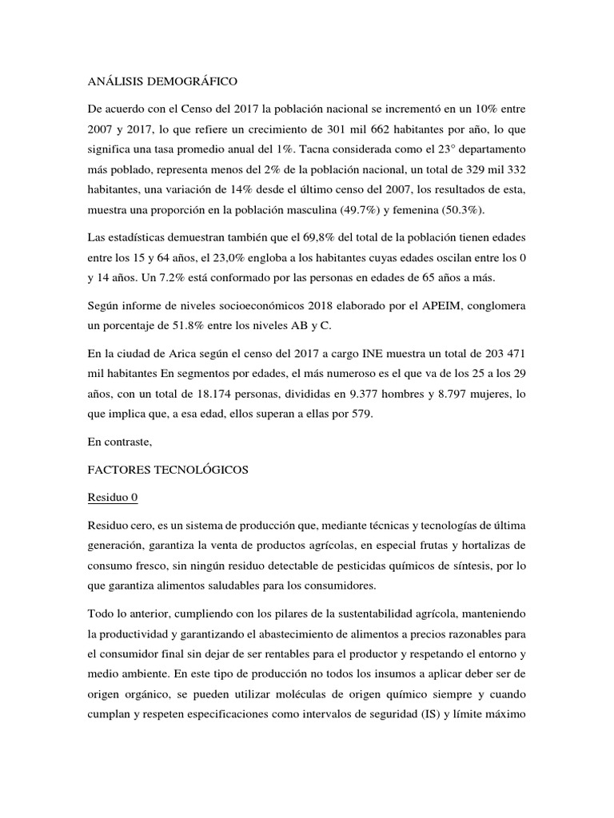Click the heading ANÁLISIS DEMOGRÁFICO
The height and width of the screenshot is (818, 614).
click(x=161, y=81)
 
